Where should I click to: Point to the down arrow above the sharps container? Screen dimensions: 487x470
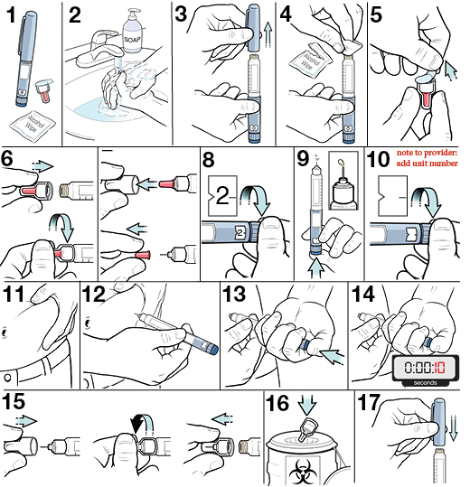(309, 407)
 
